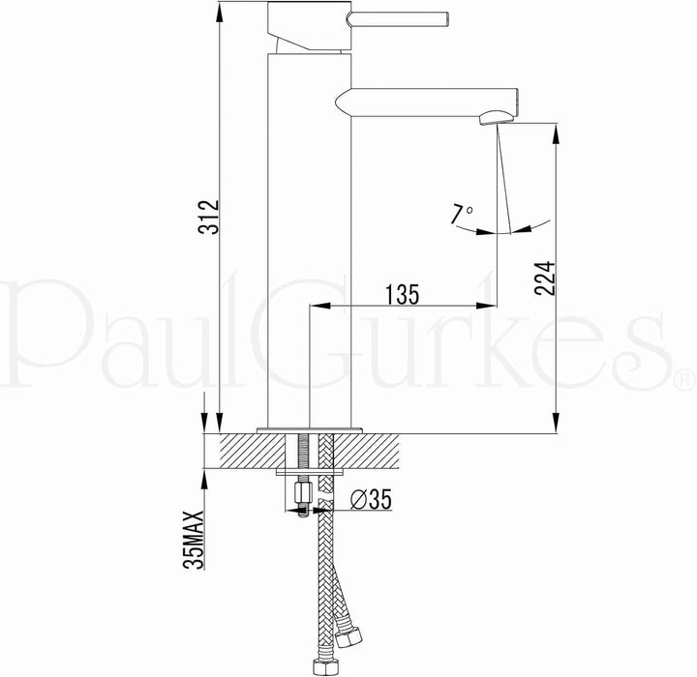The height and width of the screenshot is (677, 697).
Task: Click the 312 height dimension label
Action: tap(209, 217)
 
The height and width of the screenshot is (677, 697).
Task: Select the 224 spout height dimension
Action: tap(545, 279)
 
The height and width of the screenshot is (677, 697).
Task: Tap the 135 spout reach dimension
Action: tap(402, 294)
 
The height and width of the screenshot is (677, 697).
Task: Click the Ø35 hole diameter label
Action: tap(371, 499)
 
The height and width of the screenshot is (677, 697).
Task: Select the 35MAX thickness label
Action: tap(194, 540)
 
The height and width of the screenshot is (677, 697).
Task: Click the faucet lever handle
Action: tap(398, 18)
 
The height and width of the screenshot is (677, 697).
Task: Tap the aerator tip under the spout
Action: tap(497, 118)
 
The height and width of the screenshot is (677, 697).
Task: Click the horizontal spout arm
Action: tap(427, 103)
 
